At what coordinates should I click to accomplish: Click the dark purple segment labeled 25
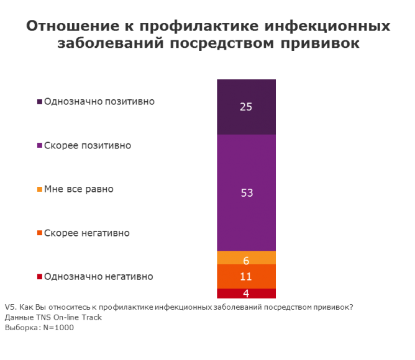click(246, 93)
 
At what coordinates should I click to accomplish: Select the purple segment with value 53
click(246, 168)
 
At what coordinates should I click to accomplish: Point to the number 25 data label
click(246, 107)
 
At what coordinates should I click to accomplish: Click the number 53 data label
click(247, 192)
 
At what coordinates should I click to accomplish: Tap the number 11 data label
click(247, 277)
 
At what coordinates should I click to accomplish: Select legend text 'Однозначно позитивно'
click(99, 101)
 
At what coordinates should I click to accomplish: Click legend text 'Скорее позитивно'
click(88, 145)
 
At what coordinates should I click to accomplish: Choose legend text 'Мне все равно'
click(79, 189)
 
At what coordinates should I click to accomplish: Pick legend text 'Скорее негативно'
click(87, 233)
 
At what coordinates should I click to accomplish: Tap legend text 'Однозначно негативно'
click(99, 277)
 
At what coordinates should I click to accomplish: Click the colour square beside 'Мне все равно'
click(40, 189)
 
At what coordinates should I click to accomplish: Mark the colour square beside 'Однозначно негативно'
click(40, 277)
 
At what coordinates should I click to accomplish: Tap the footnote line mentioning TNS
click(53, 317)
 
